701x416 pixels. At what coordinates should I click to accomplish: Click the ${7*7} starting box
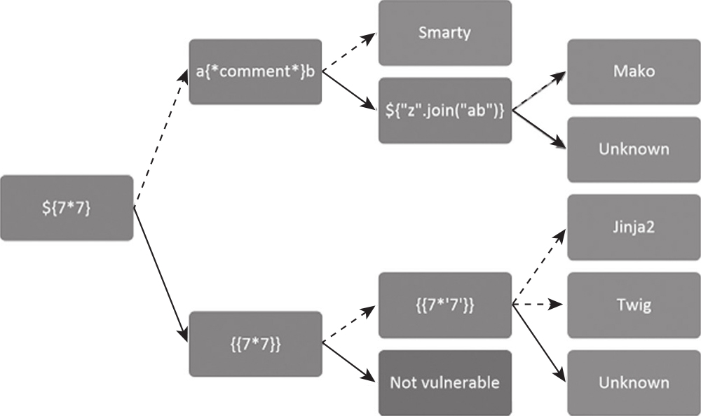(67, 208)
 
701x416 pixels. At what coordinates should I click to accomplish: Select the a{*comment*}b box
(255, 71)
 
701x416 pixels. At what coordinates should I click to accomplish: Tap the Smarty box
(444, 33)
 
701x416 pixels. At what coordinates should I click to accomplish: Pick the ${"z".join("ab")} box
(444, 111)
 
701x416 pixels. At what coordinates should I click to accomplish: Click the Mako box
(633, 71)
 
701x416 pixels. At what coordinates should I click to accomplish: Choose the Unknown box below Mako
(633, 149)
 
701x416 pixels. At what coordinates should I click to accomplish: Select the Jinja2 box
(633, 227)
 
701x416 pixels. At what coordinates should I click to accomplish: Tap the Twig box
(633, 305)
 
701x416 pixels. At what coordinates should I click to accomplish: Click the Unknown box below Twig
(633, 382)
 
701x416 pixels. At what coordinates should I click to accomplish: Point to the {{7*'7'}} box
(444, 305)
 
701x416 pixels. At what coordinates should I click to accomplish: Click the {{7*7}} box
(255, 344)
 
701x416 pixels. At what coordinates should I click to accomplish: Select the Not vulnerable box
(444, 382)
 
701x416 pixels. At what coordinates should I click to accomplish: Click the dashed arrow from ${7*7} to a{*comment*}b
(161, 140)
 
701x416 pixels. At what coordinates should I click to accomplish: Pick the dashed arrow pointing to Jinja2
(538, 266)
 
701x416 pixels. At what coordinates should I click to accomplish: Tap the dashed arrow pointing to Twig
(538, 305)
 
